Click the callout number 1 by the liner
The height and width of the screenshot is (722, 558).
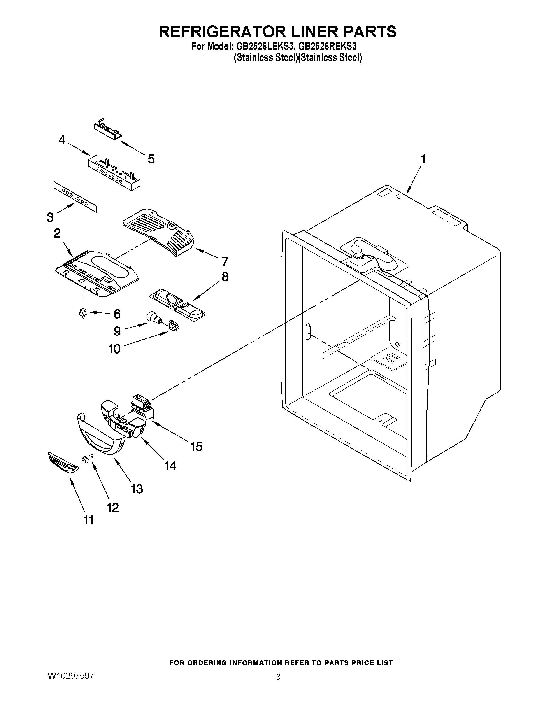(x=423, y=160)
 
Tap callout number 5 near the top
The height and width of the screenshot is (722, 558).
(x=151, y=159)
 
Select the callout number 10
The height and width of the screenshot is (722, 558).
(x=115, y=349)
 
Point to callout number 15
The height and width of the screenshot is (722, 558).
(x=196, y=447)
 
